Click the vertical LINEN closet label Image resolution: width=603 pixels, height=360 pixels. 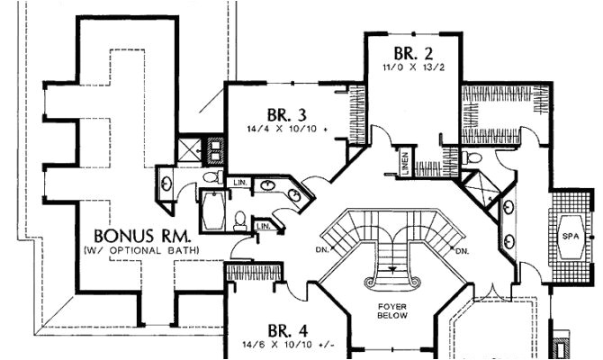point(406,164)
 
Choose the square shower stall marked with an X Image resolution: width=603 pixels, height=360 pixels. point(192,149)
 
